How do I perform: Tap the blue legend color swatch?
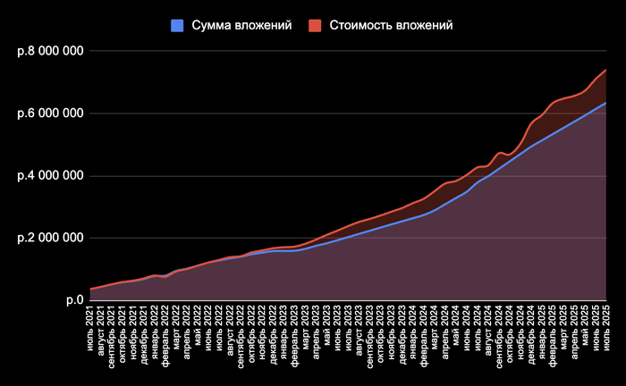pyautogui.click(x=177, y=25)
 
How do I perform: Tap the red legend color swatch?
pyautogui.click(x=315, y=25)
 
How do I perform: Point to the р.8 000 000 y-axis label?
pyautogui.click(x=50, y=51)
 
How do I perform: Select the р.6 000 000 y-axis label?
pyautogui.click(x=50, y=113)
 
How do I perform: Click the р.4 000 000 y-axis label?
pyautogui.click(x=50, y=176)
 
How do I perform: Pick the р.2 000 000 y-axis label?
pyautogui.click(x=50, y=239)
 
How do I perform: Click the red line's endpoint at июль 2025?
pyautogui.click(x=605, y=70)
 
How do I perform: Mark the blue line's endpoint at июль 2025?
pyautogui.click(x=605, y=103)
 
